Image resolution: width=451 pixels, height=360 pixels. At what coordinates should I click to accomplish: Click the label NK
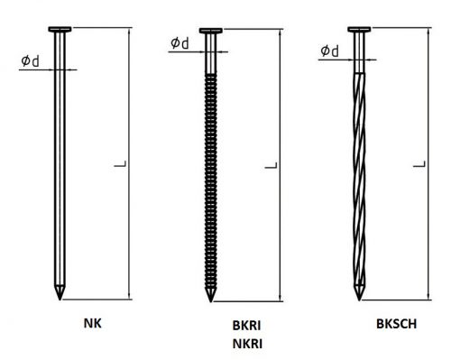click(93, 323)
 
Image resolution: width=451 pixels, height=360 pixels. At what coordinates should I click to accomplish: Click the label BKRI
click(246, 326)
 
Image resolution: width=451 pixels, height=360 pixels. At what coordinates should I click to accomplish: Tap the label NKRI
click(247, 344)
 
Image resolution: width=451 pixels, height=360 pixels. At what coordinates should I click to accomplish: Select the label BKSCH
click(397, 324)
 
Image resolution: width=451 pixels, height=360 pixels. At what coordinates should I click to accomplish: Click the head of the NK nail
click(60, 29)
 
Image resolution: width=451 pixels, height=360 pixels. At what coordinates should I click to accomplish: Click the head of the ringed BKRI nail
click(211, 31)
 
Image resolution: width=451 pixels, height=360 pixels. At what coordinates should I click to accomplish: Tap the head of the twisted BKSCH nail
click(359, 29)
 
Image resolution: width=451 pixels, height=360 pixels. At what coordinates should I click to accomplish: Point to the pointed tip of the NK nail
click(60, 300)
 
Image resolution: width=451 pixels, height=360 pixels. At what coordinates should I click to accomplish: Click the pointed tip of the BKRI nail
click(210, 301)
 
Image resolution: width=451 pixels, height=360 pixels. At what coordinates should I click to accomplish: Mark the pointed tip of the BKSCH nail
click(359, 300)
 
